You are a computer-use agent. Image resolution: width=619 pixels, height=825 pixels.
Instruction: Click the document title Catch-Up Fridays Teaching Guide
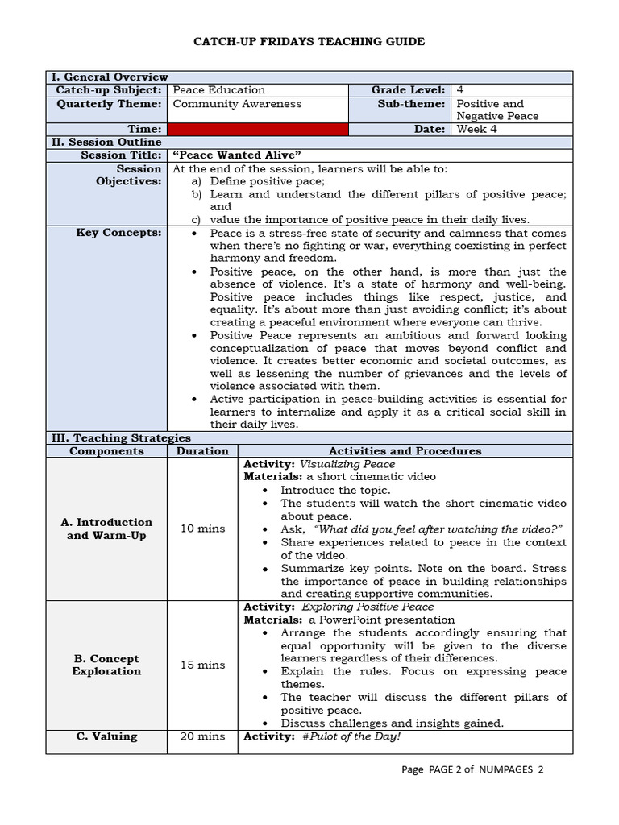pyautogui.click(x=309, y=41)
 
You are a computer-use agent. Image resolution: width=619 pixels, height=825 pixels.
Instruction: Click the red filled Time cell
pyautogui.click(x=257, y=129)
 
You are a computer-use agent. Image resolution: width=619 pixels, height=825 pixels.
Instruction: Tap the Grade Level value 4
pyautogui.click(x=459, y=90)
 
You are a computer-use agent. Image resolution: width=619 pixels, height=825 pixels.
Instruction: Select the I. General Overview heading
pyautogui.click(x=110, y=77)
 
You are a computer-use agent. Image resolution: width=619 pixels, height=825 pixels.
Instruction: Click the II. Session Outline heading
pyautogui.click(x=106, y=143)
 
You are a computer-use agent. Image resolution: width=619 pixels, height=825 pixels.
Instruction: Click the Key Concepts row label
pyautogui.click(x=118, y=233)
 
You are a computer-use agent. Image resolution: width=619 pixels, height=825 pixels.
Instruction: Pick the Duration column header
pyautogui.click(x=202, y=451)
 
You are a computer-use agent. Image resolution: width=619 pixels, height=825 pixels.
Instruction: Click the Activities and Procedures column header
pyautogui.click(x=405, y=451)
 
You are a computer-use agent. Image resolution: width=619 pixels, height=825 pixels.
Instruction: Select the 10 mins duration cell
pyautogui.click(x=202, y=529)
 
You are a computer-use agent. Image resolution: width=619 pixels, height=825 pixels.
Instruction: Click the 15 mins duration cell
pyautogui.click(x=202, y=665)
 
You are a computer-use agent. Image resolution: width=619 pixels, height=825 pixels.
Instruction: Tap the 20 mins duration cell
pyautogui.click(x=202, y=736)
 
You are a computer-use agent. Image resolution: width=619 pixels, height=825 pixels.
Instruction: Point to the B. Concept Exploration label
pyautogui.click(x=106, y=665)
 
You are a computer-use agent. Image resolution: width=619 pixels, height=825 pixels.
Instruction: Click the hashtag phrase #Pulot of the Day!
pyautogui.click(x=351, y=736)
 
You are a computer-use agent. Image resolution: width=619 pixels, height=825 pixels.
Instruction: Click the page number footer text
pyautogui.click(x=472, y=769)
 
